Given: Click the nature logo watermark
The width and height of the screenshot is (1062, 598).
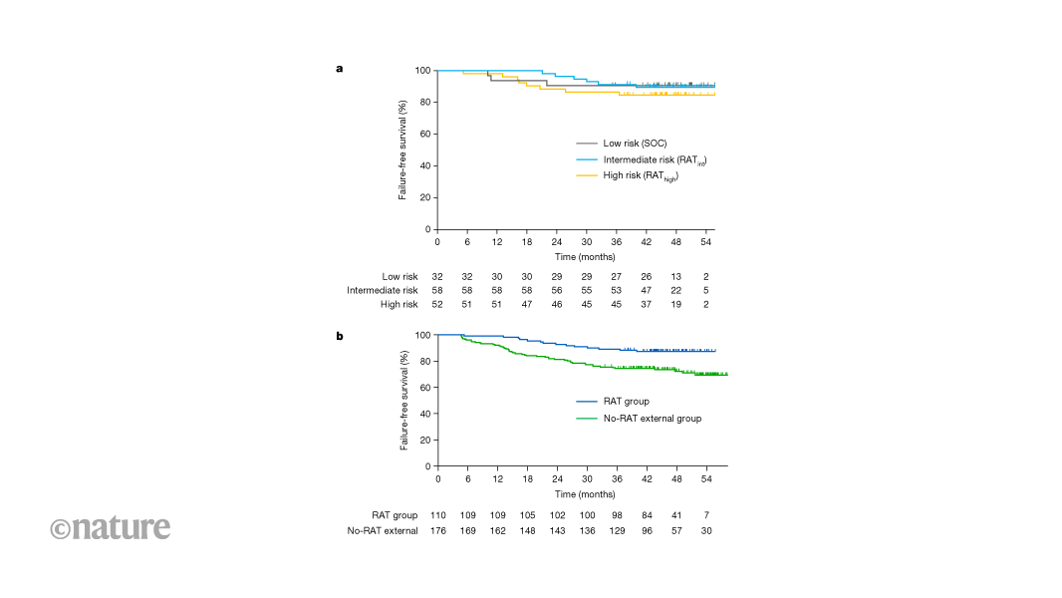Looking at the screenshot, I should [x=111, y=527].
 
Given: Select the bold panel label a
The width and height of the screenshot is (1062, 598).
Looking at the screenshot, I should [x=340, y=70].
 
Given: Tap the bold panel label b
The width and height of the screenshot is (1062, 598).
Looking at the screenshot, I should [x=340, y=336].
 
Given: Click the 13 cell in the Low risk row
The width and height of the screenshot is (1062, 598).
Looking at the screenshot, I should [x=675, y=276].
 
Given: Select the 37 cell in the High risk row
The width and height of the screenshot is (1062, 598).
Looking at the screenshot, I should [x=646, y=304].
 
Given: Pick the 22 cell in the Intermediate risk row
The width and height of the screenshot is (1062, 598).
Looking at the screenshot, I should [x=675, y=290].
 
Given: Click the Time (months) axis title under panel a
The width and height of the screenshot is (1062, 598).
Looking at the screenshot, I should [x=576, y=257].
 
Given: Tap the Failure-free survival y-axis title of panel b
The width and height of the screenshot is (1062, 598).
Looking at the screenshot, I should [x=403, y=401].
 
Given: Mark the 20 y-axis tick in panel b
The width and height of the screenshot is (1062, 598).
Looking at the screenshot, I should [x=424, y=440].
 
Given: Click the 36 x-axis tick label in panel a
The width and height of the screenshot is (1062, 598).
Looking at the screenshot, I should [x=616, y=242].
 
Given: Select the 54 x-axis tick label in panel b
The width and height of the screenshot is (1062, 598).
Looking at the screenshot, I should [x=706, y=479].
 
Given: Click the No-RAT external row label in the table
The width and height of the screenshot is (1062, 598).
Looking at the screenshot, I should [x=382, y=530].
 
